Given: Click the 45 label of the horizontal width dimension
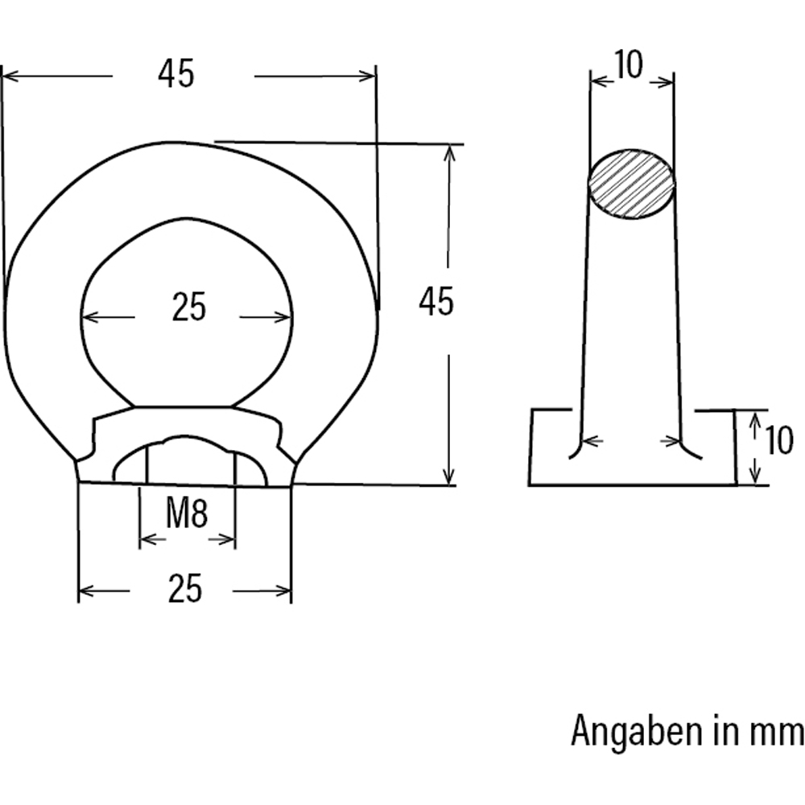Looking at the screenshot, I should (176, 75).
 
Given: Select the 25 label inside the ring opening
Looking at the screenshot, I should (189, 308).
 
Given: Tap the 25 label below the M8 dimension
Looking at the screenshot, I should (185, 590).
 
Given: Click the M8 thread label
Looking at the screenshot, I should (187, 515).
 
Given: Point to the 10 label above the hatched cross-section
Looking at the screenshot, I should (629, 65).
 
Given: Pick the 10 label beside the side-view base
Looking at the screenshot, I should (778, 441).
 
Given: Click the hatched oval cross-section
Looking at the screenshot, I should (632, 184).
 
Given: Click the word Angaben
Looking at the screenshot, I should (635, 732).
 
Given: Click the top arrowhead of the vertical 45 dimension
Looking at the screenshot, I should (448, 151).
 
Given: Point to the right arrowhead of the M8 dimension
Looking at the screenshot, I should (229, 539).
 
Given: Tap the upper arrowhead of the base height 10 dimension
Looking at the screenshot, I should (755, 419).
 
